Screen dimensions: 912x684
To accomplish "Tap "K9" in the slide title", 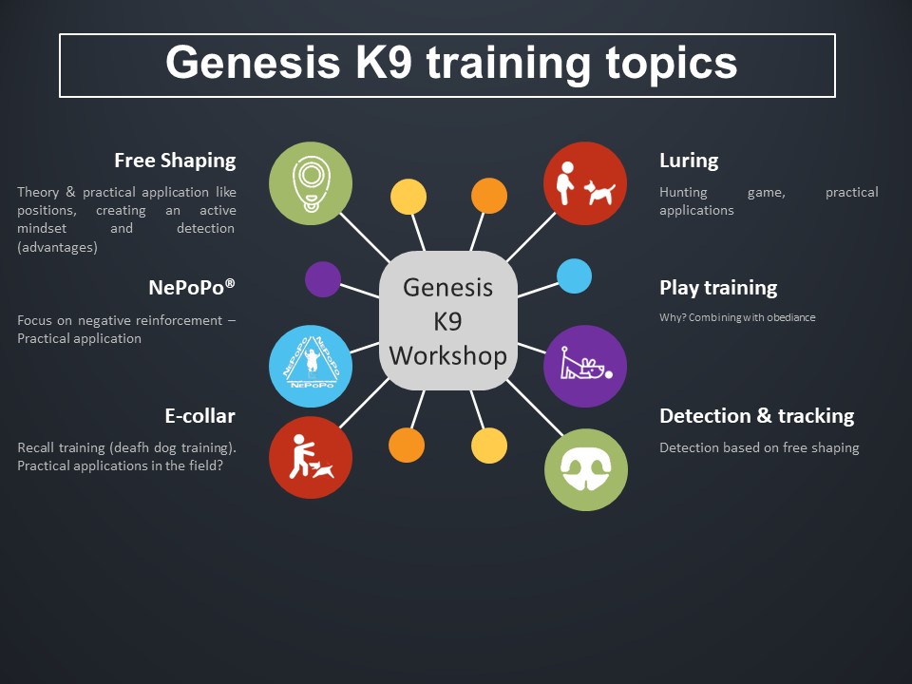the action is click(384, 62).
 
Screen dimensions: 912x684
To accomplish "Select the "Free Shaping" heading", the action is click(175, 161).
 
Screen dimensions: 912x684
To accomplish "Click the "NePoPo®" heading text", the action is click(192, 287).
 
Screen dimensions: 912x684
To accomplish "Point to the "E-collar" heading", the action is click(200, 416).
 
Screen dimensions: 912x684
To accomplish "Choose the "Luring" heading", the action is click(689, 161).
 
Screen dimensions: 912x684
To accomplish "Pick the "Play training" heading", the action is click(718, 288).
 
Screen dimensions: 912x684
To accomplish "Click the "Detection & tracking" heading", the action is click(757, 416).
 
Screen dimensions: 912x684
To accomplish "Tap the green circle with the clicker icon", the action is click(311, 183).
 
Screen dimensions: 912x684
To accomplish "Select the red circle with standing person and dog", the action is click(585, 183).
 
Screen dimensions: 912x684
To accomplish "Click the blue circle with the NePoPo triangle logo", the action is click(311, 366).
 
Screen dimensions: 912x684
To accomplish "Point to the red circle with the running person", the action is click(311, 457).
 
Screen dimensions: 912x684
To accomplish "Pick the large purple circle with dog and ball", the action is click(585, 366).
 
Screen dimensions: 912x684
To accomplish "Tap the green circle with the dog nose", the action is click(586, 469).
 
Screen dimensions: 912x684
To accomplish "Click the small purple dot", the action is click(323, 279).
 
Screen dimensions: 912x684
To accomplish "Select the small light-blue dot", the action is click(574, 276).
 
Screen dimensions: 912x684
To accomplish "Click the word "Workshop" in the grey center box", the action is click(447, 355).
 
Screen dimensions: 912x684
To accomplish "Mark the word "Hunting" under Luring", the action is click(683, 193).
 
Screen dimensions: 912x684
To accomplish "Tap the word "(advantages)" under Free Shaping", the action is click(58, 247).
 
